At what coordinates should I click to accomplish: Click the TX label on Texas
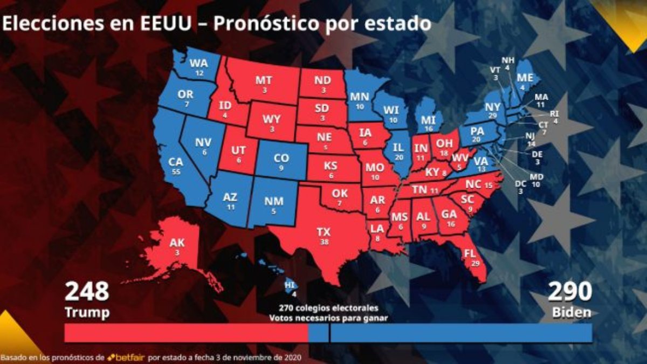tap(323, 232)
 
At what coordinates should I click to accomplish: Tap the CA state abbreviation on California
tap(176, 161)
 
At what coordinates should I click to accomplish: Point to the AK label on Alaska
tap(177, 243)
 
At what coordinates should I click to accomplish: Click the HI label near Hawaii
tap(290, 285)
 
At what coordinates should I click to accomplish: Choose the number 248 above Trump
tap(87, 292)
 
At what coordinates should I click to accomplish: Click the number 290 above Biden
tap(570, 292)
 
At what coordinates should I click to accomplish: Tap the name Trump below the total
tap(87, 312)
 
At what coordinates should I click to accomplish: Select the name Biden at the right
tap(572, 312)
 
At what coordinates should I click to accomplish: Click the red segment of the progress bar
tap(185, 333)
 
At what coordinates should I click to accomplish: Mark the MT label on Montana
tap(264, 80)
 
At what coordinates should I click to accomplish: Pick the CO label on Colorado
tap(281, 159)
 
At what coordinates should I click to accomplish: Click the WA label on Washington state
tap(199, 64)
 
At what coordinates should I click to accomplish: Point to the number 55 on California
tap(176, 171)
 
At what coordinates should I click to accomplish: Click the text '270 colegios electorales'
tap(328, 308)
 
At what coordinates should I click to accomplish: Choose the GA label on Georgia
tap(449, 214)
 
